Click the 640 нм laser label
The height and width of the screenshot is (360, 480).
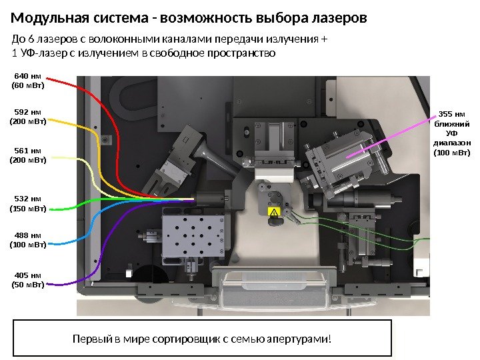[x=27, y=81]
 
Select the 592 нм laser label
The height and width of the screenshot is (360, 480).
[x=27, y=117]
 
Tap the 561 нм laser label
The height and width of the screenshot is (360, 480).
[x=27, y=155]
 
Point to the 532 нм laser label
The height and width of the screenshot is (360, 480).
[x=27, y=203]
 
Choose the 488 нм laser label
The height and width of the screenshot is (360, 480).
[x=27, y=240]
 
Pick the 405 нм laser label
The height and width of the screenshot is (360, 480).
[x=27, y=280]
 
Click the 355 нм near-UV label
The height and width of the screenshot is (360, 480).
[x=452, y=133]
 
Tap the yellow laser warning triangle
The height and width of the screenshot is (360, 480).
[x=272, y=212]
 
